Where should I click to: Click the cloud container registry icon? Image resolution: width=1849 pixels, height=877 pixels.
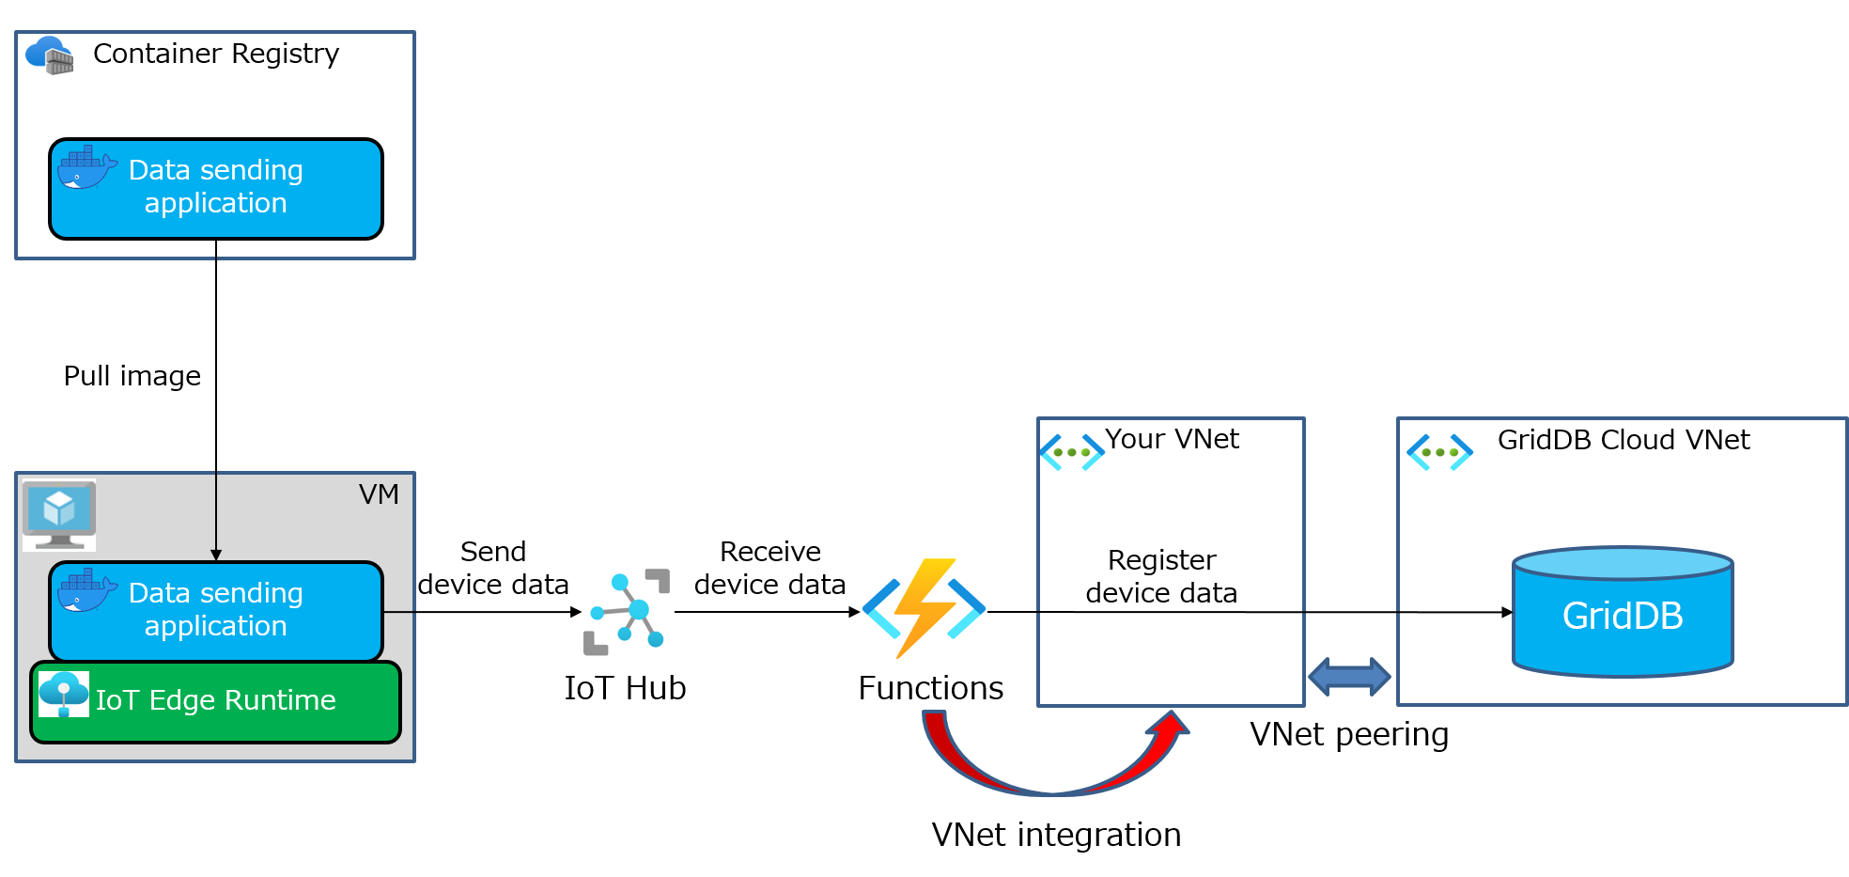49,55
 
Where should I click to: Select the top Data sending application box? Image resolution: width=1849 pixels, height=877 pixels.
216,188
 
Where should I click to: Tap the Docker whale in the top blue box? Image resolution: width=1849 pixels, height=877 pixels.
86,168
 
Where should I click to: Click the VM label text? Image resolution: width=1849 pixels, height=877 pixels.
379,494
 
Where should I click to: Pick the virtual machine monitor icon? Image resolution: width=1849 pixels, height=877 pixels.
59,515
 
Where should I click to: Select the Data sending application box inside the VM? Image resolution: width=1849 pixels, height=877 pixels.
216,611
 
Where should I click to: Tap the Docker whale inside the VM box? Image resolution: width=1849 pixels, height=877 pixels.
86,591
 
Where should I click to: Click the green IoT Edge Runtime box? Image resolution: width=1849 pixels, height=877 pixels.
216,702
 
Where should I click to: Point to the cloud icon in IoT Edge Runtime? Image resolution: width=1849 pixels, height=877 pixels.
64,695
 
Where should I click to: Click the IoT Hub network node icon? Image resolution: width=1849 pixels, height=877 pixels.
629,612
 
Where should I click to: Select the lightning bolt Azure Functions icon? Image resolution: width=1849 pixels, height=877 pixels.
924,611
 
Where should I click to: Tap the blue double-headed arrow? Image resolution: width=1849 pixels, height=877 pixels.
1349,677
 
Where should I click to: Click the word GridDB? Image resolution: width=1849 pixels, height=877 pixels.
1623,617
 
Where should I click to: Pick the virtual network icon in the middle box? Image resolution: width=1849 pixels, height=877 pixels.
1073,452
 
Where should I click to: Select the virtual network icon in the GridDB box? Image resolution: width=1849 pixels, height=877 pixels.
1440,452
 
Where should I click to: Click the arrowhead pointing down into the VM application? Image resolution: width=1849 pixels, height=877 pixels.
216,556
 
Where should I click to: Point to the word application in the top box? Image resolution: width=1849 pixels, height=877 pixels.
216,203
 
